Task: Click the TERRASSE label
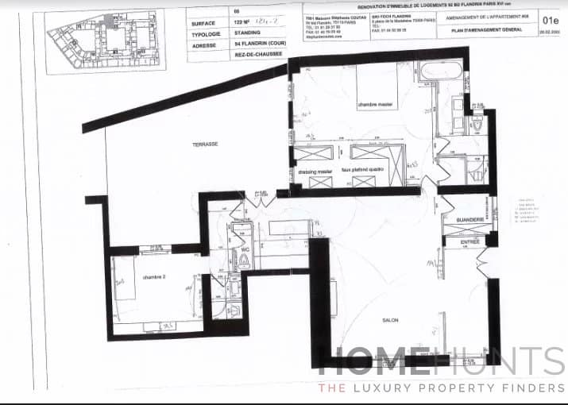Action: pos(205,144)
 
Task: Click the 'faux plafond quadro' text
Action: pos(361,170)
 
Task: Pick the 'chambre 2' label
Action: pos(154,277)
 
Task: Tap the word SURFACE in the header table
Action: pos(205,24)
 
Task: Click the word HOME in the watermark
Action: pos(374,361)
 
